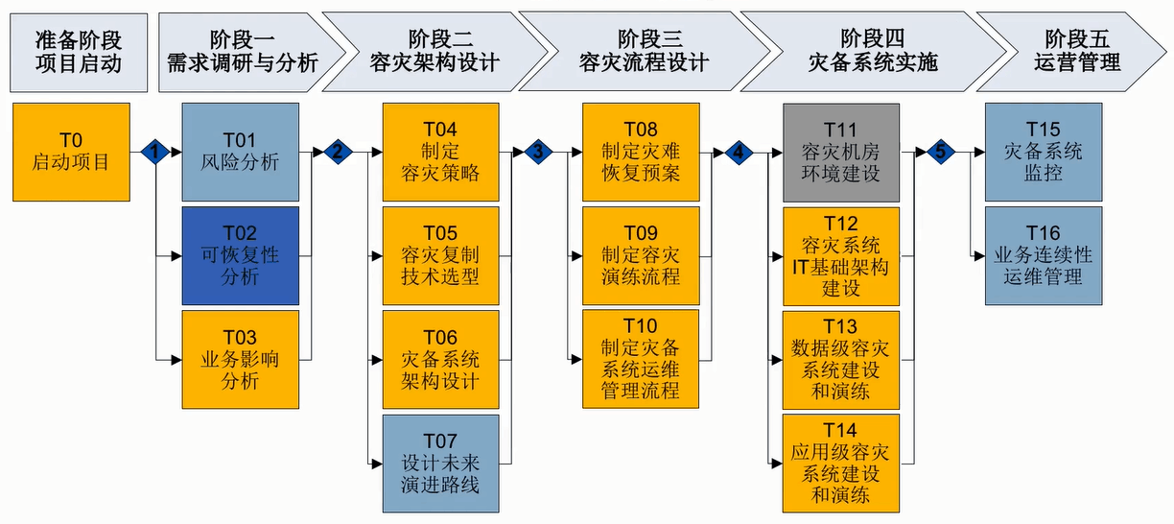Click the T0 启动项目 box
71,152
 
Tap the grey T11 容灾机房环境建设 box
841,152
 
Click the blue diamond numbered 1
154,152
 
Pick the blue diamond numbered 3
537,152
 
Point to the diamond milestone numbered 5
940,152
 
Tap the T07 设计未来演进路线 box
440,463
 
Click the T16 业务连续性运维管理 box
1044,255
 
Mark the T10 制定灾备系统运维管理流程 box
641,359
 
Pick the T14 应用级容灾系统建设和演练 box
841,463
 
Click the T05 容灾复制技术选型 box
440,255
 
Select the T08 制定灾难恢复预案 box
641,152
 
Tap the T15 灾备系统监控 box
1044,152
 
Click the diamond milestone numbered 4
738,152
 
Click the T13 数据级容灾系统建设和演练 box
841,359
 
